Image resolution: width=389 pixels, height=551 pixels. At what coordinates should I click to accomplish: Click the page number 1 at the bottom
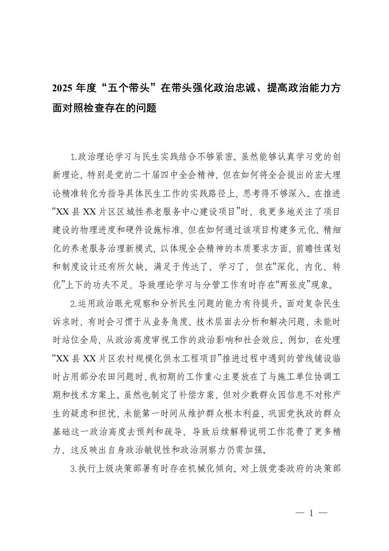click(311, 513)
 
